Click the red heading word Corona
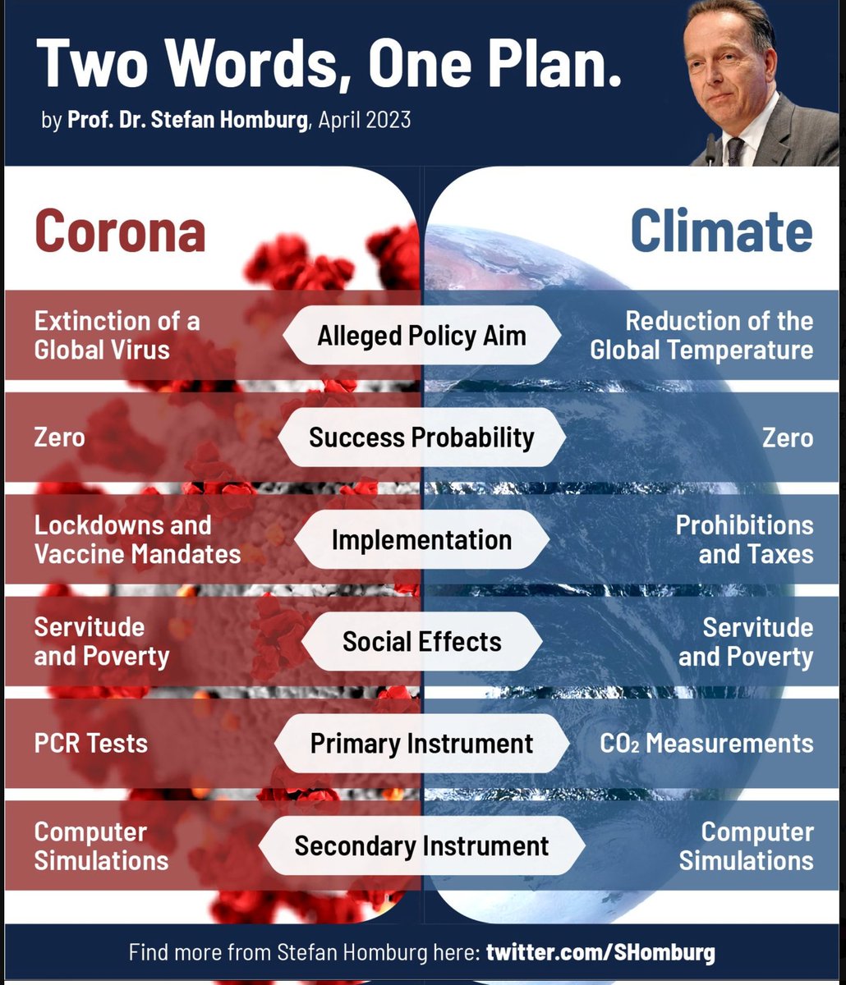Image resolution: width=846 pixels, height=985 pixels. pos(120,231)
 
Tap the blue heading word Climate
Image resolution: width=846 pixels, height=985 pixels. pos(721,231)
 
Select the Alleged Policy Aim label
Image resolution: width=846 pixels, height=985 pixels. pos(421,335)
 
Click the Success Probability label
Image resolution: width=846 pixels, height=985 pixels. pos(421,437)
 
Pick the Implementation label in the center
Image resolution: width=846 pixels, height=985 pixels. pos(421,539)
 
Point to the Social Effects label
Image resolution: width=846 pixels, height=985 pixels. pos(421,641)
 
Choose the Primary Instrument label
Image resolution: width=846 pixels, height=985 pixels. pos(421,744)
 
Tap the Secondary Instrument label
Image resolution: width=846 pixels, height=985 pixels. pos(421,845)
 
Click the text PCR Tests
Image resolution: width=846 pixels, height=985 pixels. pos(91,744)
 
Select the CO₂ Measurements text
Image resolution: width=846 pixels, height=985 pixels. pos(706,744)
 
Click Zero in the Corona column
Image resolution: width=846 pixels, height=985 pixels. pos(59,437)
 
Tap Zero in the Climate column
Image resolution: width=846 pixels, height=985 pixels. pos(787,437)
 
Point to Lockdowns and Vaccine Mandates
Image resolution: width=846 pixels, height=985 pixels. pos(137,539)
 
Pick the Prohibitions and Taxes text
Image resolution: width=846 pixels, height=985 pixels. pos(744,539)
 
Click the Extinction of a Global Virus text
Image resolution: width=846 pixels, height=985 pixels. pos(117,335)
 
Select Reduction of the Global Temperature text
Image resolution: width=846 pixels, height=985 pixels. pos(702,335)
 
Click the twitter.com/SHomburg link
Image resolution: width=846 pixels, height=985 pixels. pos(600,953)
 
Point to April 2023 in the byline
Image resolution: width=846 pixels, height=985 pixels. pos(364,120)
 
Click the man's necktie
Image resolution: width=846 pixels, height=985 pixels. pos(734,151)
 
